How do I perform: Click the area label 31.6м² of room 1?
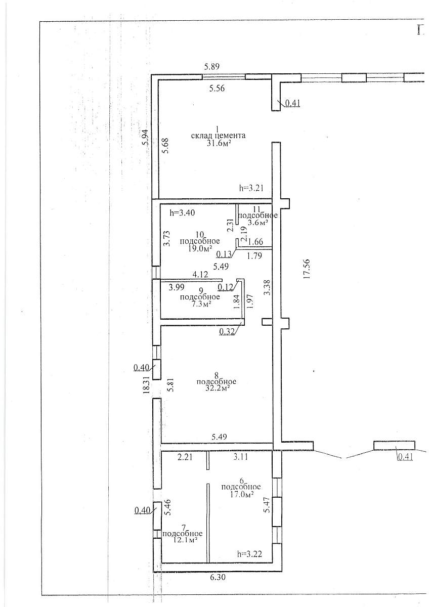[x=219, y=143]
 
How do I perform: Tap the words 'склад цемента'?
[x=218, y=136]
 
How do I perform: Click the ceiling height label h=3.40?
[x=182, y=213]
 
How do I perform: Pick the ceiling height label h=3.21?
[x=251, y=188]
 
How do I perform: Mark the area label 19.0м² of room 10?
[x=200, y=248]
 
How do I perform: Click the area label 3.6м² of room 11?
[x=258, y=223]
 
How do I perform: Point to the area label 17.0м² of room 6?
[x=241, y=494]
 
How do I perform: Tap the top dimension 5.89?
[x=211, y=66]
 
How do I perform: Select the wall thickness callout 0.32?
[x=227, y=332]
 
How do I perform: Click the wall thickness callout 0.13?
[x=224, y=254]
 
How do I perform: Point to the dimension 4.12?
[x=200, y=275]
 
